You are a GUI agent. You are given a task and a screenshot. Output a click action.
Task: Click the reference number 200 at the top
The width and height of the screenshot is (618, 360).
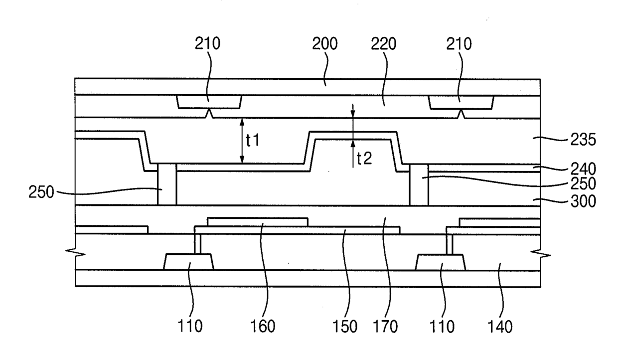[x=325, y=44]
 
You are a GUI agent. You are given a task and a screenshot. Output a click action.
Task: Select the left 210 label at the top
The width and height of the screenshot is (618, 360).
[x=207, y=44]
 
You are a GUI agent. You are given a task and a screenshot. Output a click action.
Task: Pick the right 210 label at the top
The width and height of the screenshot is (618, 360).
[x=460, y=44]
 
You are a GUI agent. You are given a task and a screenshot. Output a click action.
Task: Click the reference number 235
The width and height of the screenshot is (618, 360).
[x=583, y=141]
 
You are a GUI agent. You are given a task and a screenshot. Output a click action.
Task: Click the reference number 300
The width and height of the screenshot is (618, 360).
[x=583, y=201]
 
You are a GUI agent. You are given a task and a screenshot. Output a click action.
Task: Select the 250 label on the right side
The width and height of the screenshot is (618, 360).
[x=583, y=184]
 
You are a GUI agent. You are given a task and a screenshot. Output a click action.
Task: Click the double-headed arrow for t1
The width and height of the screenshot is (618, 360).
[x=242, y=141]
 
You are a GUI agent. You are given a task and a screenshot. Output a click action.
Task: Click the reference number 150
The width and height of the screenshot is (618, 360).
[x=346, y=327]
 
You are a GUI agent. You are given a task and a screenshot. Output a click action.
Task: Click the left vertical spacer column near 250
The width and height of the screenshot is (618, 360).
[x=167, y=184]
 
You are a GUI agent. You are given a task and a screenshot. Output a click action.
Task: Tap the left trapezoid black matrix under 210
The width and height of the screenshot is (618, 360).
[x=209, y=102]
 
